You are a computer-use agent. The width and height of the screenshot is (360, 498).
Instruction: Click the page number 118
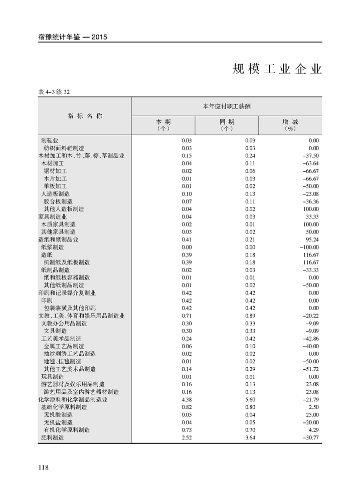click(x=43, y=467)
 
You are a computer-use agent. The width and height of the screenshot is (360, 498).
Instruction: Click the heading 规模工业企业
click(x=277, y=69)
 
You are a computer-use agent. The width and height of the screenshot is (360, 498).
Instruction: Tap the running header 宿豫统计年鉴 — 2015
click(x=73, y=37)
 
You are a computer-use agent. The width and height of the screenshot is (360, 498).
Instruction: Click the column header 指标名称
click(x=85, y=116)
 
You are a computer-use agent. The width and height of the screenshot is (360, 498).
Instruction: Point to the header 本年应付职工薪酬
click(x=227, y=106)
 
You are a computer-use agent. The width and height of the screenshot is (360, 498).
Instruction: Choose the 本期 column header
click(x=163, y=125)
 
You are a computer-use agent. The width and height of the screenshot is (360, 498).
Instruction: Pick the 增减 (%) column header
click(x=290, y=125)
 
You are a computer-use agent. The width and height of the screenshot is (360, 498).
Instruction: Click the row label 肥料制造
click(x=52, y=437)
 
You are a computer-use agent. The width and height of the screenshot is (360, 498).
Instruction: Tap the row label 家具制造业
click(x=53, y=216)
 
